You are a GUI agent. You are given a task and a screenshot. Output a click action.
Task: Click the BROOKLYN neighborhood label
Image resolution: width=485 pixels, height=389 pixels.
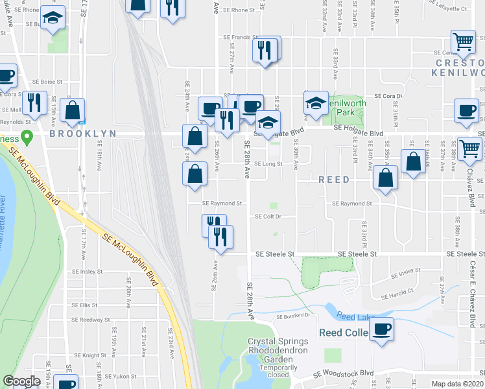click(x=82, y=133)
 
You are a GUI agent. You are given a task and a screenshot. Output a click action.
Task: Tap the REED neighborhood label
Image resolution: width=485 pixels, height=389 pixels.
click(x=333, y=179)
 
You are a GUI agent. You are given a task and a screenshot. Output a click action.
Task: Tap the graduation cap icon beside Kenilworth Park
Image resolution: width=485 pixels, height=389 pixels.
click(x=316, y=104)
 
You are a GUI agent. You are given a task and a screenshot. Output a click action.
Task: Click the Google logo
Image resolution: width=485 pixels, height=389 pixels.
click(x=22, y=381)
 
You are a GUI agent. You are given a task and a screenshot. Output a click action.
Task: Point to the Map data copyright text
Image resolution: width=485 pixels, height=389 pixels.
click(x=458, y=384)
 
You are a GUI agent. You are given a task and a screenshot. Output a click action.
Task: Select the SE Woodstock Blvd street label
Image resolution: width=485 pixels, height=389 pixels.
click(x=344, y=373)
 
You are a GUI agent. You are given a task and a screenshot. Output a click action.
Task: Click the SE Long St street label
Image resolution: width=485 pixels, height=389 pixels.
click(x=268, y=164)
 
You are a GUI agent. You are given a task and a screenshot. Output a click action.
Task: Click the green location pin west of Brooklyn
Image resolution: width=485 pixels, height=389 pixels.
click(x=27, y=137)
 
